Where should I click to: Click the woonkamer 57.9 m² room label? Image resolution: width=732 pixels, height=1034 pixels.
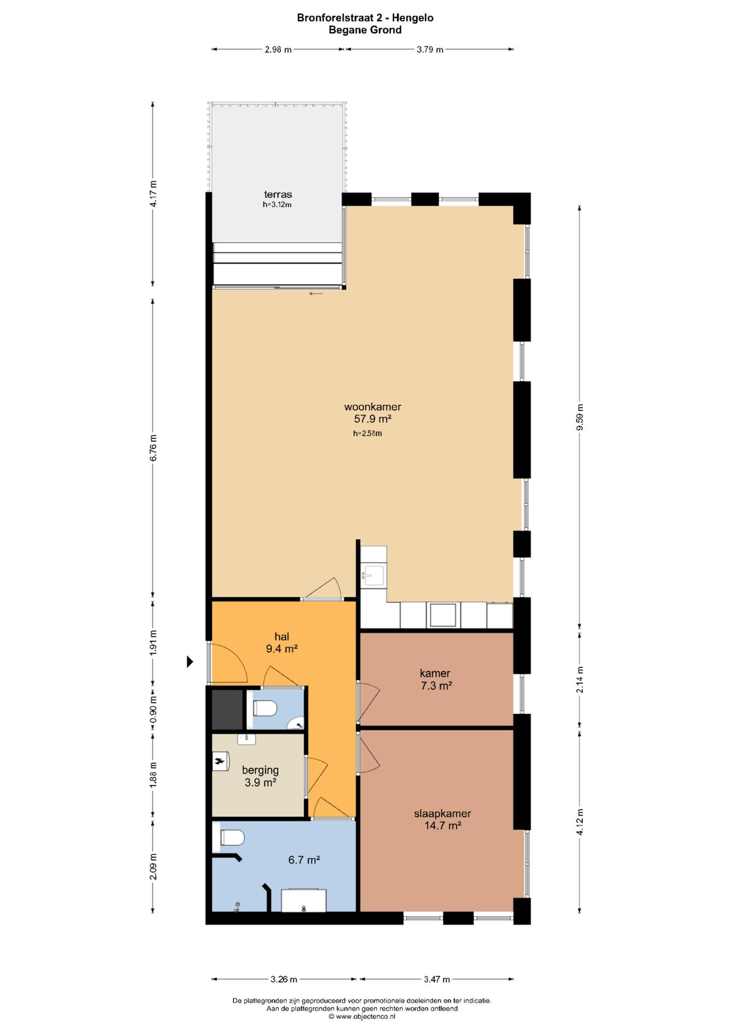click(373, 412)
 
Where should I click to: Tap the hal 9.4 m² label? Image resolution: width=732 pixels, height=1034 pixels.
click(281, 642)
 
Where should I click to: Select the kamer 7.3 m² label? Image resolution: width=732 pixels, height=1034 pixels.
click(435, 679)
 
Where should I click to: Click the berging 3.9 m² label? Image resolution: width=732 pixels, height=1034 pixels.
click(260, 776)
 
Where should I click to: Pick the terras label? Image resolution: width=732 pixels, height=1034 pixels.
click(278, 194)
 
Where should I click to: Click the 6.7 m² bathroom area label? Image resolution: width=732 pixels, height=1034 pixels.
click(304, 860)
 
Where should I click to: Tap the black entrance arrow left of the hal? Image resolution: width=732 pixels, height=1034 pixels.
click(190, 661)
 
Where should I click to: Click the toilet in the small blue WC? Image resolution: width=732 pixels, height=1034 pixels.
click(265, 708)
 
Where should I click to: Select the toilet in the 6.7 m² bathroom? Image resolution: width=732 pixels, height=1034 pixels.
click(232, 839)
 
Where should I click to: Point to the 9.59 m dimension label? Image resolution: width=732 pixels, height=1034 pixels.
click(580, 417)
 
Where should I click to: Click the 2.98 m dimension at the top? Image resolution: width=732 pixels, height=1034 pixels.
click(278, 49)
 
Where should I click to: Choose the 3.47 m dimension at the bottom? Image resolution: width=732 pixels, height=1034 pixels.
click(436, 979)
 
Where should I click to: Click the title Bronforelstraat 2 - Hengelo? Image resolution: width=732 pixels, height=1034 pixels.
click(365, 18)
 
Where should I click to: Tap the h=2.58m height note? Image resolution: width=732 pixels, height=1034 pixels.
click(367, 433)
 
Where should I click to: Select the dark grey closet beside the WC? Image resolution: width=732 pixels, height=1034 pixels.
click(227, 709)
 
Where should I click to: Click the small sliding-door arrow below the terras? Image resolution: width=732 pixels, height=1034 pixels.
click(316, 293)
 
